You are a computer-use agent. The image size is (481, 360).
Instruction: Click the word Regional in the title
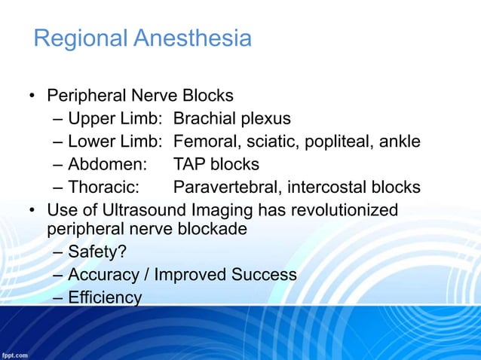(x=81, y=38)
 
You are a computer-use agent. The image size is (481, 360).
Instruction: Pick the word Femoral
(x=204, y=142)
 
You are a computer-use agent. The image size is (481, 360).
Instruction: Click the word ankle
(x=397, y=142)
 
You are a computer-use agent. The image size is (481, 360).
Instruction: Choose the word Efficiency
(x=104, y=297)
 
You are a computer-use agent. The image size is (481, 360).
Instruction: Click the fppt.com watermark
(x=15, y=353)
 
